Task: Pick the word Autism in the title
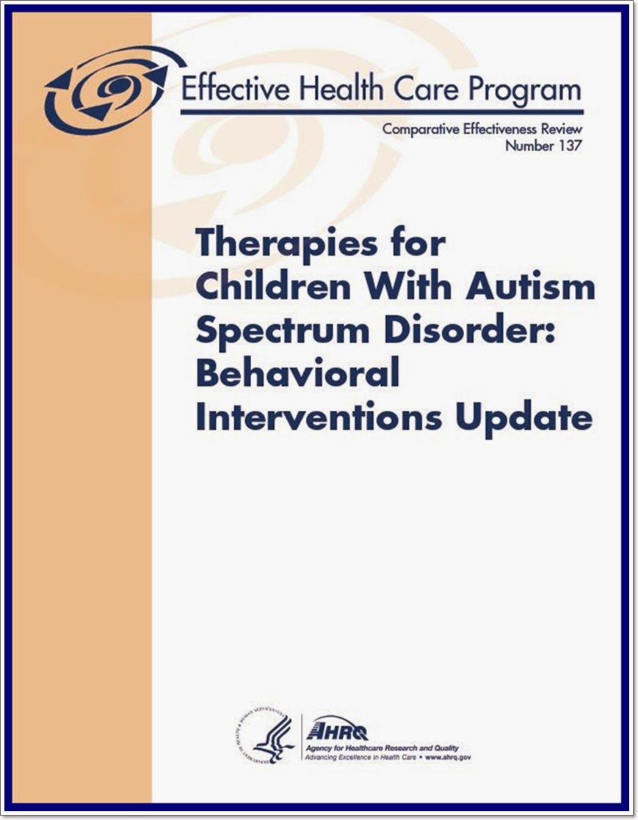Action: (x=531, y=287)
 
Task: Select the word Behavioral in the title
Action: (x=297, y=374)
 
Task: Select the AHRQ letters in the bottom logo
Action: (x=340, y=731)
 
